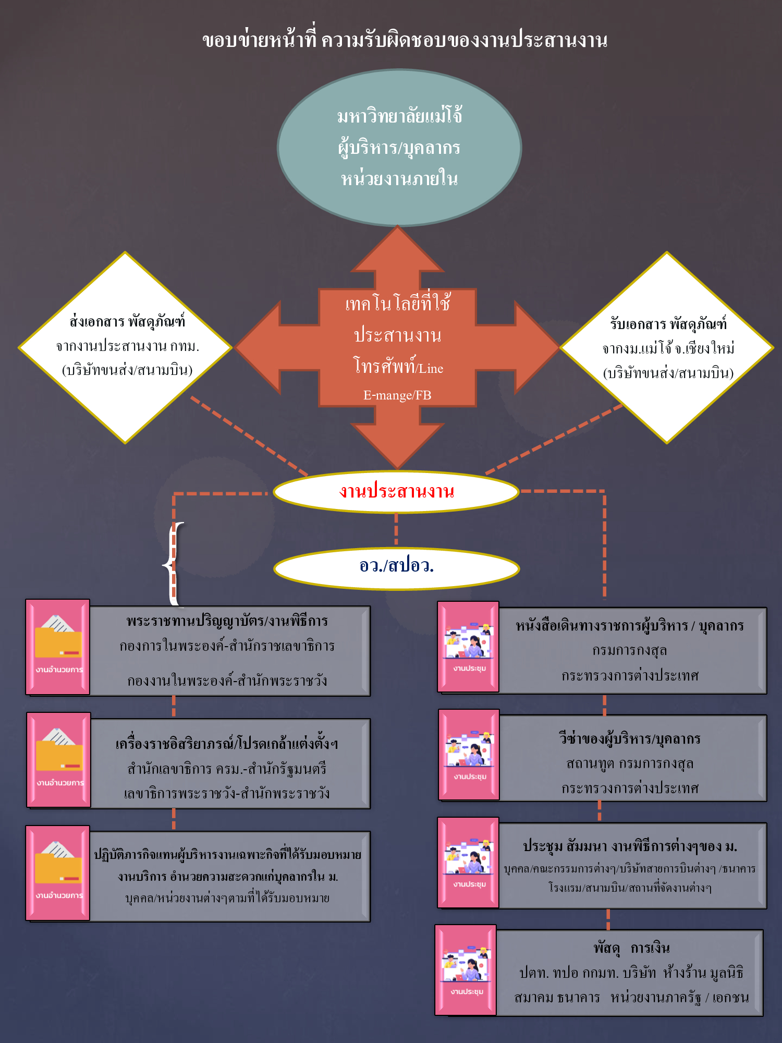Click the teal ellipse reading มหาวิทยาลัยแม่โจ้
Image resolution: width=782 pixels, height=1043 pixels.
399,148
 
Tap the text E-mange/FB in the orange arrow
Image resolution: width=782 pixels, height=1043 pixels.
397,395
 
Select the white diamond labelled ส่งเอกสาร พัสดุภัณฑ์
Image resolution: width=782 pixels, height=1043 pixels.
125,347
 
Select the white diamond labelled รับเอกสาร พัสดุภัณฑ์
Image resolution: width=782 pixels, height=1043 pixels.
667,348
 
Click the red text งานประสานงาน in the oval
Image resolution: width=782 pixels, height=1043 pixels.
397,491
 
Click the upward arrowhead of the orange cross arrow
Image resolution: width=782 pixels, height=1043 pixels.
397,250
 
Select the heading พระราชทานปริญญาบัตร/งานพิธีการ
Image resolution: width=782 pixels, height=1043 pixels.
227,621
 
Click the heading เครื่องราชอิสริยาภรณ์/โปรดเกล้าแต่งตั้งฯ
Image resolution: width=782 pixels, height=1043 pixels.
227,744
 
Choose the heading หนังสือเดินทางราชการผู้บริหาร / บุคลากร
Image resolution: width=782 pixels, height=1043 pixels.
630,626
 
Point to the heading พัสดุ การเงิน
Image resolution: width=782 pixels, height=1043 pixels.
631,948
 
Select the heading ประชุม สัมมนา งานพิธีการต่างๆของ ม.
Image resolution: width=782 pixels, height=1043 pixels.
630,846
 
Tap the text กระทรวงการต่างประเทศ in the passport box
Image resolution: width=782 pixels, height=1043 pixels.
630,676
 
